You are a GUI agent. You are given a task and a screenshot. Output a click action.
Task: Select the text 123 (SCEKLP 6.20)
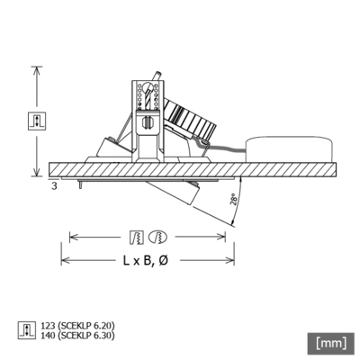78,325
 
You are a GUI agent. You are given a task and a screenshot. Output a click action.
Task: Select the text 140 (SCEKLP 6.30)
78,335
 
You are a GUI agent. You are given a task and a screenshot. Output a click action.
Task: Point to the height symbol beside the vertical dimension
37,120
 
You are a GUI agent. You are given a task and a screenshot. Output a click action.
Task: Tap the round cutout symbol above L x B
157,238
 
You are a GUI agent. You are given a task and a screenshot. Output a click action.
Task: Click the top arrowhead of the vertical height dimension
37,69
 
